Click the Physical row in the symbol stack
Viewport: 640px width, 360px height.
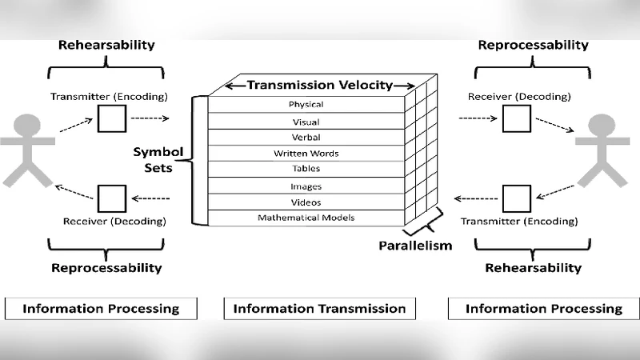pyautogui.click(x=306, y=105)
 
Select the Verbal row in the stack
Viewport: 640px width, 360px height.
pyautogui.click(x=306, y=138)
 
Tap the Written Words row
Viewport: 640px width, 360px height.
pyautogui.click(x=306, y=154)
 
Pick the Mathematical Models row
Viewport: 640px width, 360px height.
pyautogui.click(x=306, y=218)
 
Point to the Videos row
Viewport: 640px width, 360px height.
pyautogui.click(x=306, y=202)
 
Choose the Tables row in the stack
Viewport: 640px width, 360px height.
pyautogui.click(x=306, y=169)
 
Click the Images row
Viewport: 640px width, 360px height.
pyautogui.click(x=306, y=186)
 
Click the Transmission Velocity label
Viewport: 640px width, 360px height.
pyautogui.click(x=319, y=85)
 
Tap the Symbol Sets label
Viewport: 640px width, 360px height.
pyautogui.click(x=158, y=159)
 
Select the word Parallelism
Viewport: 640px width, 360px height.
pyautogui.click(x=415, y=245)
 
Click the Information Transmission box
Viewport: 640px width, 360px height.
pyautogui.click(x=319, y=308)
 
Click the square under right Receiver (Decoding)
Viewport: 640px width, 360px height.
pyautogui.click(x=516, y=119)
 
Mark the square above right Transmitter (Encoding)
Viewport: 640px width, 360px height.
pyautogui.click(x=516, y=198)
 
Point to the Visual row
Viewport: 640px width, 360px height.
pyautogui.click(x=306, y=122)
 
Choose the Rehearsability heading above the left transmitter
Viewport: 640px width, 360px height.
pyautogui.click(x=106, y=45)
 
